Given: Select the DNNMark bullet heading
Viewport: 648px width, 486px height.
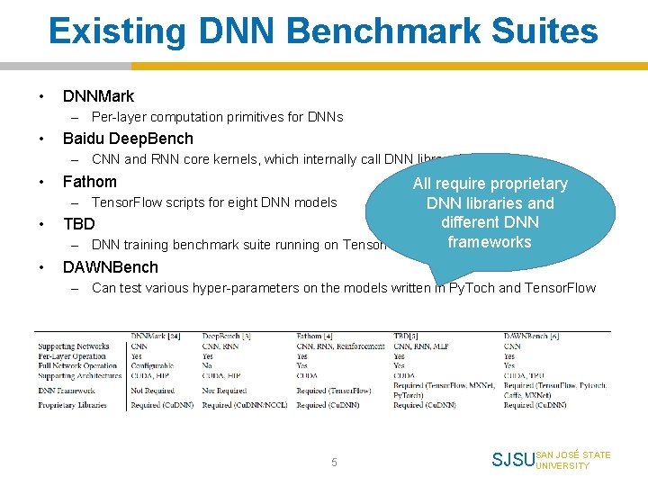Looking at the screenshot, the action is (98, 96).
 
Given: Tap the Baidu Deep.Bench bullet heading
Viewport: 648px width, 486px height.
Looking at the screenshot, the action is (128, 139).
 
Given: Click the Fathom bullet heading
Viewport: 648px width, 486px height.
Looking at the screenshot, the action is (89, 182).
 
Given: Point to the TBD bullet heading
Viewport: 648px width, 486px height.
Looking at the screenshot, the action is (78, 224).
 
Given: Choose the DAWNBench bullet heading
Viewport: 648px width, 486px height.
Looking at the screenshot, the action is (110, 267).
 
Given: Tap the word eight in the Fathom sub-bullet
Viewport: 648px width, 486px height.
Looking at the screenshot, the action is (243, 202).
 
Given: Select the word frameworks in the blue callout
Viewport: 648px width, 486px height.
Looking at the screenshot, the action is (490, 242).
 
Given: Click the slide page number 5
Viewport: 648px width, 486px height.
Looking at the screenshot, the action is (334, 462).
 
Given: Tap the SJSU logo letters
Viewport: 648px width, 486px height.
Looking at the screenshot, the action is (512, 461).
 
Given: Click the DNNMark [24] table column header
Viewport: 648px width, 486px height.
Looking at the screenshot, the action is (155, 337).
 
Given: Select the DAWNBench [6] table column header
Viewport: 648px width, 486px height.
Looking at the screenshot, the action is (531, 337).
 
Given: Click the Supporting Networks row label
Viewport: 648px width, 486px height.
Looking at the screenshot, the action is (74, 346).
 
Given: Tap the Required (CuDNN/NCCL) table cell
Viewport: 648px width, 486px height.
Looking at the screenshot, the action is (245, 405).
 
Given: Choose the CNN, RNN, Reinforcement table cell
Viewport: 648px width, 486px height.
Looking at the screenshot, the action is (340, 346).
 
